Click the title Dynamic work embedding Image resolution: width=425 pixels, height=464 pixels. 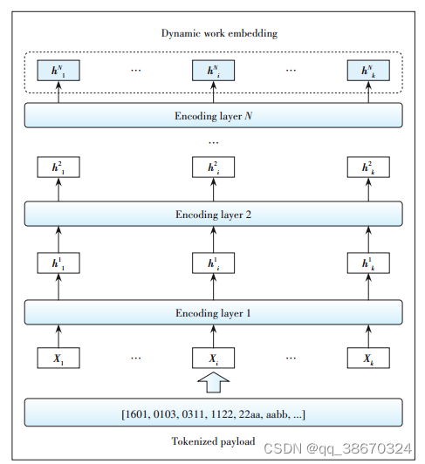pos(214,33)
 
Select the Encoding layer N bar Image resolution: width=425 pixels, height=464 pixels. pos(214,114)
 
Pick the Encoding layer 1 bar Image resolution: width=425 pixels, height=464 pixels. pos(214,310)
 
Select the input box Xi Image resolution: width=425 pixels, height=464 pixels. pos(214,358)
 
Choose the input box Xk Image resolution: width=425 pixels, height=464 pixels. pos(367,358)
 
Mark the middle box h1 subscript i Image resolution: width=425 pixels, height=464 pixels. pos(214,263)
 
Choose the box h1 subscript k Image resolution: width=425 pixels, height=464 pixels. pos(367,263)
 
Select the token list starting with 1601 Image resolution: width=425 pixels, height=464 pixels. pos(214,413)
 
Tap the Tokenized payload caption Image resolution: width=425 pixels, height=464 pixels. pos(214,441)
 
